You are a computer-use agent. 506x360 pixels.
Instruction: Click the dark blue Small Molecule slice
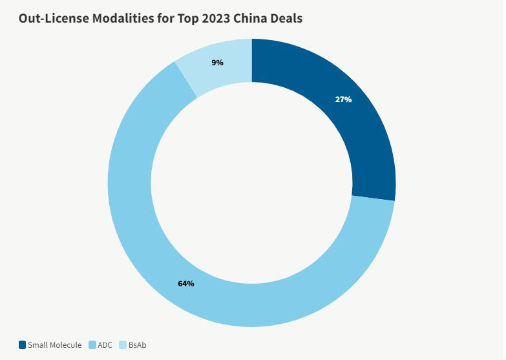[362, 129]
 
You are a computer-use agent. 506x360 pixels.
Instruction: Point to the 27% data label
[343, 100]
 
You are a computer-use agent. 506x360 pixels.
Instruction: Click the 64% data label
[185, 284]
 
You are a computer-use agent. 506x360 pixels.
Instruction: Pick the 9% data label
[217, 63]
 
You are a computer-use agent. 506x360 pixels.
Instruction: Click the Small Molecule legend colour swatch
[22, 345]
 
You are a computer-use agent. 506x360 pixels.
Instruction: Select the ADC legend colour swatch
[92, 345]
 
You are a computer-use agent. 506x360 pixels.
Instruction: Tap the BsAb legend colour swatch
[123, 345]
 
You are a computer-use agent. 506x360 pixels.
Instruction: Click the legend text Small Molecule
[54, 345]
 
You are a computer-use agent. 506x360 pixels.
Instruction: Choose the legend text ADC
[105, 345]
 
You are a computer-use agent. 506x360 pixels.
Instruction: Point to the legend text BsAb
[137, 345]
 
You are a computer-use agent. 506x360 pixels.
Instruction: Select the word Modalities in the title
[116, 18]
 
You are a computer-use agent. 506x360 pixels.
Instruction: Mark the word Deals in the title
[284, 18]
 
